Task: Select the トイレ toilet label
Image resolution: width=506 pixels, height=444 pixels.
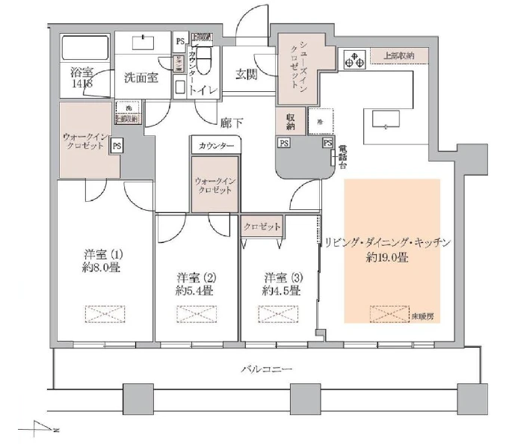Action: coord(203,90)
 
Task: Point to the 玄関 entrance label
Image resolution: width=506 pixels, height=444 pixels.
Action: coord(247,73)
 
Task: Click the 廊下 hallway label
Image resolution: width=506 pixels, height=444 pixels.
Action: coord(232,122)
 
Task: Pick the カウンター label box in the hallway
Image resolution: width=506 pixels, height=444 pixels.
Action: coord(217,144)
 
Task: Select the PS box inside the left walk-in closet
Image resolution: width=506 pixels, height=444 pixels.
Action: coord(116,147)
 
